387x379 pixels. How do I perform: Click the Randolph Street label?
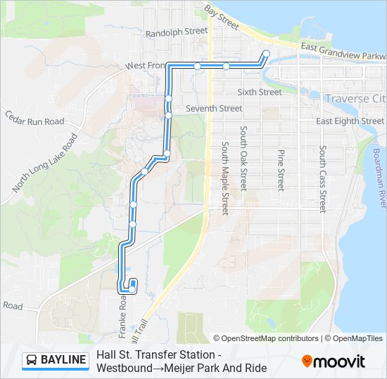(x=177, y=32)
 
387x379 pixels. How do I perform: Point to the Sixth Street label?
(x=260, y=92)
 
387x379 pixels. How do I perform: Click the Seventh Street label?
(x=214, y=109)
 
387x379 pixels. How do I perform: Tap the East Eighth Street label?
(x=350, y=121)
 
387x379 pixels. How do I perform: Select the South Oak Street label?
(x=243, y=159)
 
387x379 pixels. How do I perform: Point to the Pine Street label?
(x=281, y=170)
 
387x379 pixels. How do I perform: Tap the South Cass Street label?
(x=322, y=178)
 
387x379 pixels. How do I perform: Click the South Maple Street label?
(x=225, y=178)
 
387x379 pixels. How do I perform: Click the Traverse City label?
(x=355, y=99)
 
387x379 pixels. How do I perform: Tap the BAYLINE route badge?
(x=56, y=361)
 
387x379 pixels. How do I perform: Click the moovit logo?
(x=334, y=361)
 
